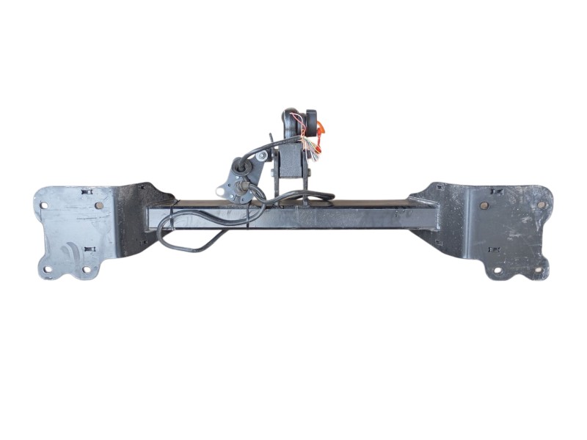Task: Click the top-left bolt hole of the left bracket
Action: click(x=44, y=205)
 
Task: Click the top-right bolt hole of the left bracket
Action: click(x=99, y=205)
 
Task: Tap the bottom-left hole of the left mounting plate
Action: click(x=48, y=269)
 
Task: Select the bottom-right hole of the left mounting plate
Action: click(x=87, y=269)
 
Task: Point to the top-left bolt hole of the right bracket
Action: click(x=484, y=205)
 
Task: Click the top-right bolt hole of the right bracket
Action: click(x=542, y=205)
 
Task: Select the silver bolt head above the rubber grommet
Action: click(x=262, y=155)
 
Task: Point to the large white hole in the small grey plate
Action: click(x=220, y=191)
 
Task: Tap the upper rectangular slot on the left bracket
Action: click(x=87, y=192)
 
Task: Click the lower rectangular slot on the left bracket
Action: click(x=89, y=249)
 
